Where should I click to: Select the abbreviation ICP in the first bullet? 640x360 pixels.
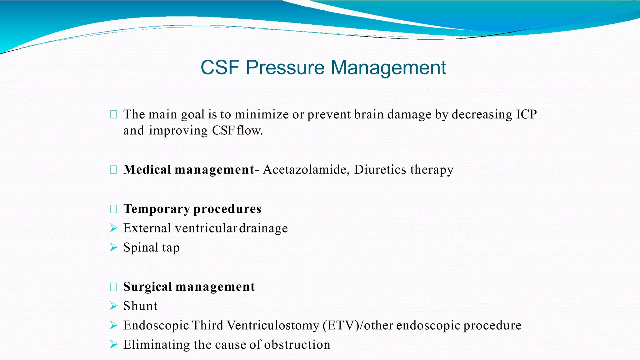pos(526,114)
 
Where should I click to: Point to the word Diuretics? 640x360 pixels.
pos(380,170)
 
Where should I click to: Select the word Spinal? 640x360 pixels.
pos(141,247)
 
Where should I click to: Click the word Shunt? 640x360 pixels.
pos(140,306)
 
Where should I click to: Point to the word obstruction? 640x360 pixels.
pos(297,345)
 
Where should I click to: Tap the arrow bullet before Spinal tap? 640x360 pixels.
pos(114,247)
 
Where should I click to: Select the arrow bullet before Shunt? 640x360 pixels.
pos(114,306)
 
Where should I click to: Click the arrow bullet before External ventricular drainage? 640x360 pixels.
pos(114,228)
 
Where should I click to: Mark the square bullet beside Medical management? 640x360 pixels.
pos(113,170)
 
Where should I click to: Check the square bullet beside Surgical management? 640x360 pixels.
pos(113,287)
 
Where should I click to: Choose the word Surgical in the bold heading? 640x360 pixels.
pos(147,287)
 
